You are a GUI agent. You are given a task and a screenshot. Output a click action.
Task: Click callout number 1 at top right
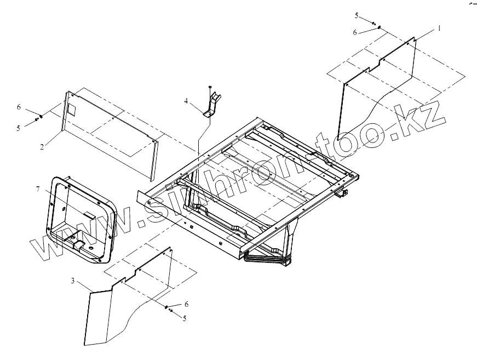tap(439, 27)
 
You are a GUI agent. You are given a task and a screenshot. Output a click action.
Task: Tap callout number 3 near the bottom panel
tap(73, 281)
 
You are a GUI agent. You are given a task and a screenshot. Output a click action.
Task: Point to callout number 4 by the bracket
tap(186, 101)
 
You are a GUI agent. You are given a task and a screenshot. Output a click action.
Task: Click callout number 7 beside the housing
tap(38, 189)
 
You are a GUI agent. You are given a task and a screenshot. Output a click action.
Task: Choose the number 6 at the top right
tap(355, 33)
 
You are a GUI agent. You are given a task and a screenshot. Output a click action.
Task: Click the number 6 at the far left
tap(19, 107)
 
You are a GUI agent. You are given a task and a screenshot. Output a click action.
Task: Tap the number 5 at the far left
tap(19, 128)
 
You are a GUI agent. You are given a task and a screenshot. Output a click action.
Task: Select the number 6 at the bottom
tap(186, 304)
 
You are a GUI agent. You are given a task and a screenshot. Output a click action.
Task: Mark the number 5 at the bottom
tap(185, 318)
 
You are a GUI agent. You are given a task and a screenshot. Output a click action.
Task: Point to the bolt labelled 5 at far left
tap(37, 119)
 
